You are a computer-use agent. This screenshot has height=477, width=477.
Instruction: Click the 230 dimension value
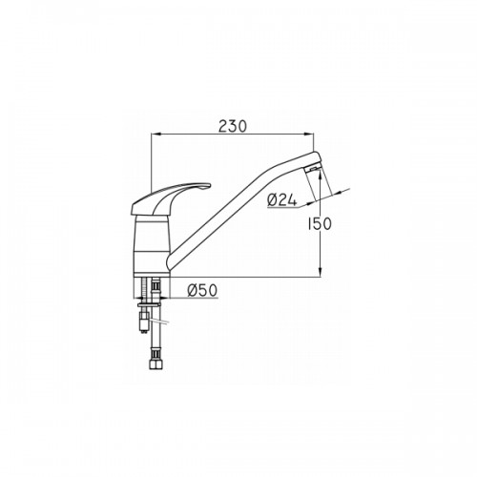(x=232, y=127)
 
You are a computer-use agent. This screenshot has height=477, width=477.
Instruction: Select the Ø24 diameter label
(x=282, y=200)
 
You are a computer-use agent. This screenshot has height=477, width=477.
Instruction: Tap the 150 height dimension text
(x=320, y=224)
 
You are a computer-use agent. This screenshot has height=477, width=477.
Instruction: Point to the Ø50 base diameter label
(x=202, y=290)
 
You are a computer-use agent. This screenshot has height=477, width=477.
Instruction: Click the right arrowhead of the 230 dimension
(x=309, y=135)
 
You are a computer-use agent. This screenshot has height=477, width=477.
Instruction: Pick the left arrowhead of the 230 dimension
(x=156, y=135)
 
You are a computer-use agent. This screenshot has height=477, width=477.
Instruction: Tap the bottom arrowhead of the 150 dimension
(x=321, y=273)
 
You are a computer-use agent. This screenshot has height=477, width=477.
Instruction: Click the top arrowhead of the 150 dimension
(x=321, y=173)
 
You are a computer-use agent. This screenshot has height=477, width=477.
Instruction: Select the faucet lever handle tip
(x=207, y=186)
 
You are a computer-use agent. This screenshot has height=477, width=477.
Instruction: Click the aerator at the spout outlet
(x=312, y=169)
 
